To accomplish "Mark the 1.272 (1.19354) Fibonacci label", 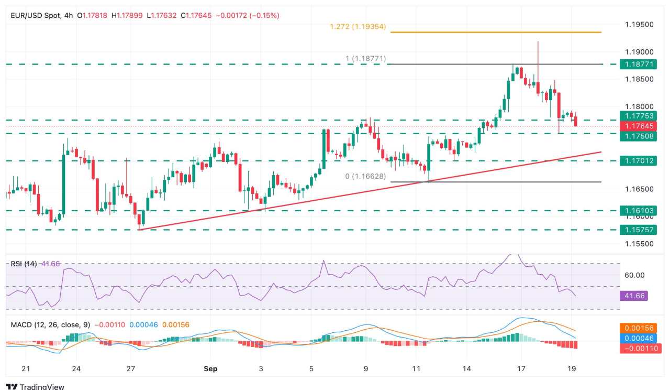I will [358, 26].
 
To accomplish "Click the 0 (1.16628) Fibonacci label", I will [365, 177].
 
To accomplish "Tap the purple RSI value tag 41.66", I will [633, 296].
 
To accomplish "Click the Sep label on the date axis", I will [210, 369].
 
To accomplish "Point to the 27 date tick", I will [131, 369].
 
